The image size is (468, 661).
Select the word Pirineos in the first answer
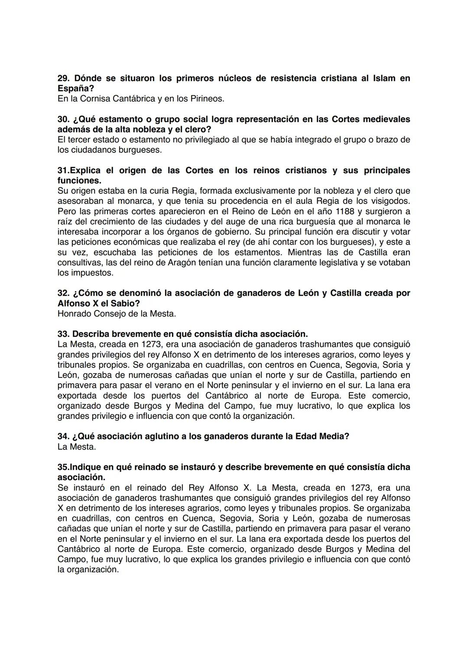tap(207, 99)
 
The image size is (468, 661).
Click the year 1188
tap(348, 211)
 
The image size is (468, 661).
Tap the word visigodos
tap(390, 201)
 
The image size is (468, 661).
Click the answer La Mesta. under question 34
tap(77, 447)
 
